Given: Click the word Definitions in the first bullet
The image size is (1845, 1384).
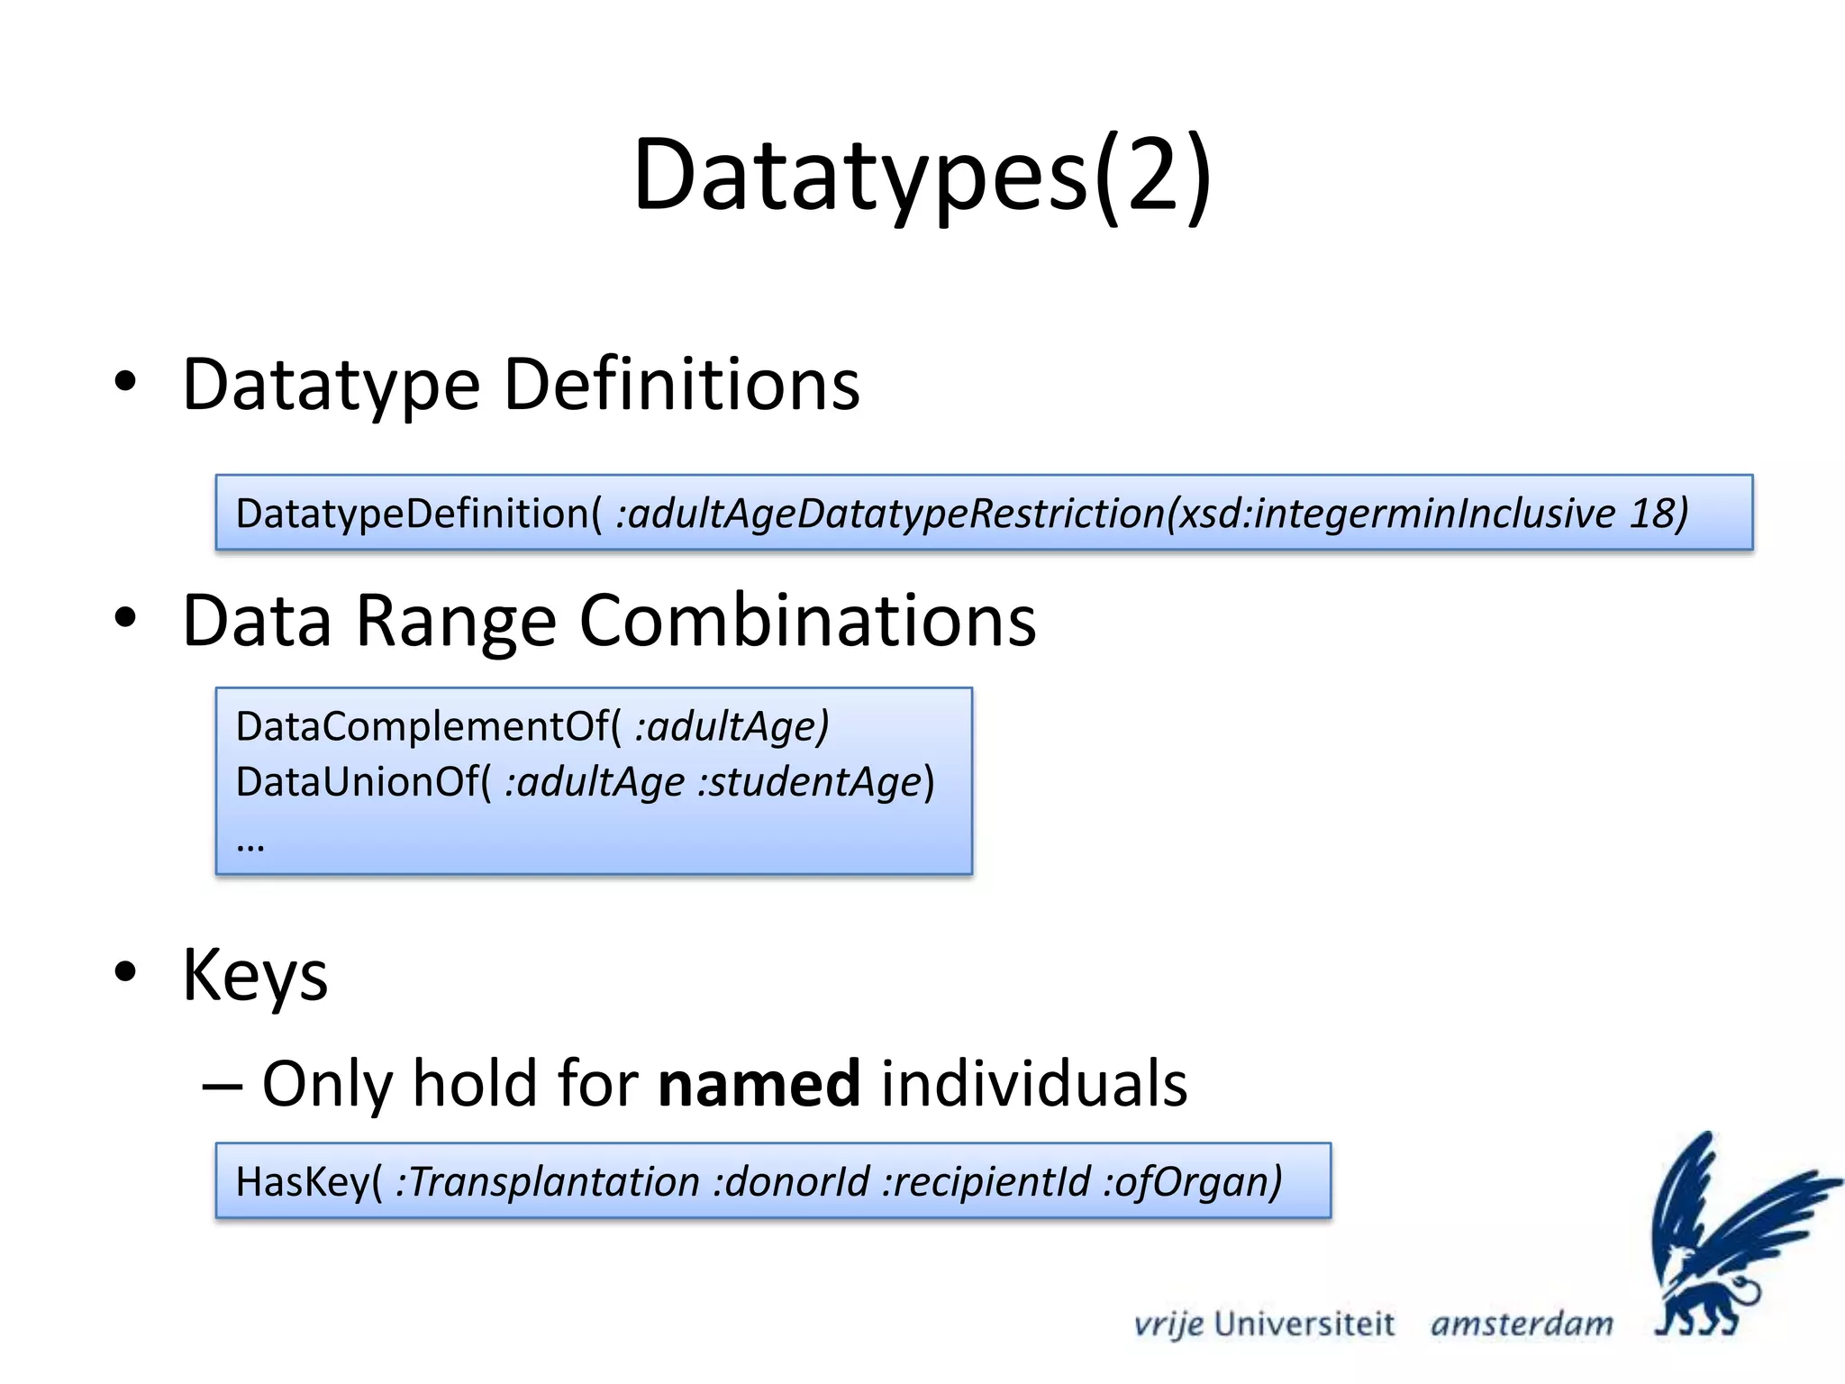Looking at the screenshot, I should (681, 385).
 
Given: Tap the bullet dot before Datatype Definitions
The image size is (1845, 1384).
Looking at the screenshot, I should (126, 381).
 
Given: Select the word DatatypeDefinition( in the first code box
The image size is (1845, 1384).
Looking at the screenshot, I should (418, 514).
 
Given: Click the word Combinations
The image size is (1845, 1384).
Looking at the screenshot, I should (807, 621).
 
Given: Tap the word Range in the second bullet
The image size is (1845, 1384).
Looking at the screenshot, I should (456, 621).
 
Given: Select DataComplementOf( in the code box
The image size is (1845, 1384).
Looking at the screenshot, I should (429, 726).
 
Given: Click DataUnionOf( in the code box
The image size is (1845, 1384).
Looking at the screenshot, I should (364, 781).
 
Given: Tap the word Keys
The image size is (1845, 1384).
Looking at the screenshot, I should (255, 975).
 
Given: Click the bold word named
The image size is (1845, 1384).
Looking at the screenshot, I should (759, 1083).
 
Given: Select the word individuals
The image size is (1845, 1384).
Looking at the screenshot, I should (1034, 1083).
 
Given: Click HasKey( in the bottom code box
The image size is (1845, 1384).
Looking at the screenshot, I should (309, 1181).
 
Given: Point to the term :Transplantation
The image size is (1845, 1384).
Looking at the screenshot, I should (548, 1181).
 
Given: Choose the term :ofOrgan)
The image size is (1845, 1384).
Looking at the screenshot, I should (1193, 1181).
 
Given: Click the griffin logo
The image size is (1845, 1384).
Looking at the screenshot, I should (1725, 1234).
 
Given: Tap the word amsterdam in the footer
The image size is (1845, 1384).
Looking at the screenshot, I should (1522, 1324).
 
